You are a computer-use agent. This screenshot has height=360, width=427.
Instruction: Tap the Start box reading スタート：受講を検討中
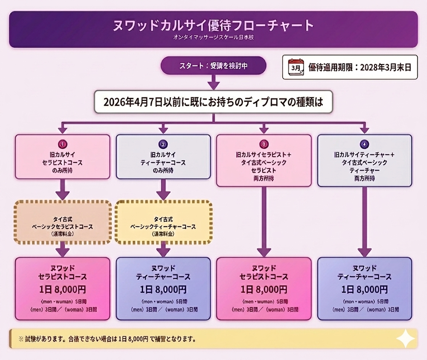(213, 66)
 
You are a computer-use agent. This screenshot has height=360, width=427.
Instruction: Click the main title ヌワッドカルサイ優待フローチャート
(213, 26)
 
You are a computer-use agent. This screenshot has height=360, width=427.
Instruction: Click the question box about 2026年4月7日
(213, 102)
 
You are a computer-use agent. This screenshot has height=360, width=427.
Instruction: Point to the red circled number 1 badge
(63, 145)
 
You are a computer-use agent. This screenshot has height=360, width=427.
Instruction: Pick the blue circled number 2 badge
(163, 145)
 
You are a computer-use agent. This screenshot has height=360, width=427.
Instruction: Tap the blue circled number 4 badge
(364, 145)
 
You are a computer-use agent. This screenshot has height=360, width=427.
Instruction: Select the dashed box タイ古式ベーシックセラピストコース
(63, 222)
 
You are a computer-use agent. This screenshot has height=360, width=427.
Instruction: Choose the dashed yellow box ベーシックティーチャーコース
(163, 222)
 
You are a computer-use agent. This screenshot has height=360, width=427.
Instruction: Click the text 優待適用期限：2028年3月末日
(360, 68)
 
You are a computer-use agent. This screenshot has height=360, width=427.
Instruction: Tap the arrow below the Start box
(213, 82)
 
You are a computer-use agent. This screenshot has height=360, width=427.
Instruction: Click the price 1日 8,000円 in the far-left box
(63, 289)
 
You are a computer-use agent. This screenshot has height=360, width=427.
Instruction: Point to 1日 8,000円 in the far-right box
(364, 289)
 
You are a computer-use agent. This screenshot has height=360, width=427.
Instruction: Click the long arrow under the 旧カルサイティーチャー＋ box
(364, 221)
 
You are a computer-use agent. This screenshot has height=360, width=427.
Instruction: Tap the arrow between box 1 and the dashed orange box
(63, 189)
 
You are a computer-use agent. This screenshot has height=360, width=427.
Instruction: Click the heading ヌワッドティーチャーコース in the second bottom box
(163, 272)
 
